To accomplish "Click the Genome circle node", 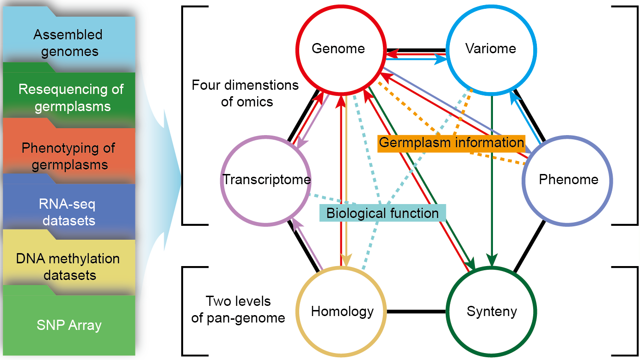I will (x=338, y=49).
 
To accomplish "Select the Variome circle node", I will (x=491, y=49).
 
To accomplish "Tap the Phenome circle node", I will (x=568, y=180).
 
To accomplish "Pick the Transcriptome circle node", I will (x=266, y=180).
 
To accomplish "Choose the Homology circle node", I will (x=342, y=311).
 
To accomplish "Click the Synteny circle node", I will (x=492, y=311).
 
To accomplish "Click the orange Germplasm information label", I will (x=451, y=143).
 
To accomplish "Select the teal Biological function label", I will (x=382, y=213).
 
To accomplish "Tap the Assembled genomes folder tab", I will (x=68, y=42).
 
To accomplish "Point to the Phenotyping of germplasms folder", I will (x=68, y=156).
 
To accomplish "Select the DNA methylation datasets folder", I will (x=68, y=267).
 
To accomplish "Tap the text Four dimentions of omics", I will (x=245, y=93).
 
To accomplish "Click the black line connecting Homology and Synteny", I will (x=416, y=311).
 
